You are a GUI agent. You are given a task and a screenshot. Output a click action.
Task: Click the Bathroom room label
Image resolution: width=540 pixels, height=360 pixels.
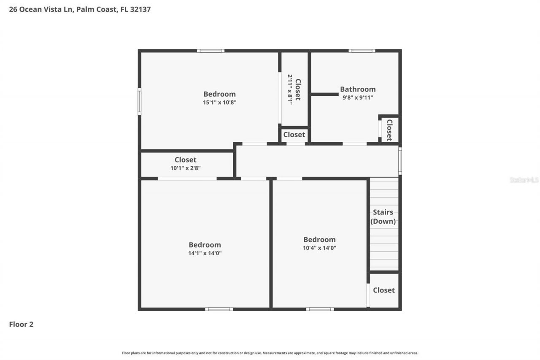point(358,89)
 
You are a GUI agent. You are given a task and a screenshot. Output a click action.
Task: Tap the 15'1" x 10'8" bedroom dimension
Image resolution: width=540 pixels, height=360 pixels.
point(219,102)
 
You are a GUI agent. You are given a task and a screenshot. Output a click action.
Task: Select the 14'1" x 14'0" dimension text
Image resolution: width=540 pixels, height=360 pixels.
point(205,253)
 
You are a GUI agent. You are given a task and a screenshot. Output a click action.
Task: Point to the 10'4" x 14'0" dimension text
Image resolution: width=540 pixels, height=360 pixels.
point(319,248)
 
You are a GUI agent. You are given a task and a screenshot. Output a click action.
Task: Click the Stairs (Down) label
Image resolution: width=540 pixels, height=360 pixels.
point(383,217)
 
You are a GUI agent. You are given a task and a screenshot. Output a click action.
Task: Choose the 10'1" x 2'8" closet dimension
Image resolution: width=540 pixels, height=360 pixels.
point(185,168)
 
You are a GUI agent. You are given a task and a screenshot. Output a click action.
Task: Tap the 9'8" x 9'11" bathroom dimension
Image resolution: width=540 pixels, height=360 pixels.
point(358,97)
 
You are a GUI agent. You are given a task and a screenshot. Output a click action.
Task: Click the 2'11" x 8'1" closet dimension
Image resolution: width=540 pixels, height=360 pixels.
point(290,89)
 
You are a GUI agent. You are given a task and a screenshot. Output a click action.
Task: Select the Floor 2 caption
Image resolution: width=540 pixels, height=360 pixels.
point(21,324)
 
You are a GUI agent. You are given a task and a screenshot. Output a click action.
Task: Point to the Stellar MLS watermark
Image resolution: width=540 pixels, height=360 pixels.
point(524,180)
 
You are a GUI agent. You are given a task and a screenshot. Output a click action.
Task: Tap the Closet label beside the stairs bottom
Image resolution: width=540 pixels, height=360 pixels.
point(384,290)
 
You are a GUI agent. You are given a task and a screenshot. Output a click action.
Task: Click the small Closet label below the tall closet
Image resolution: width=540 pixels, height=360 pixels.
point(294,135)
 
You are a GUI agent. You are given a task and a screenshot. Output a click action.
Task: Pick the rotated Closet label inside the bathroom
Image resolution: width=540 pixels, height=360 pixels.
point(389,130)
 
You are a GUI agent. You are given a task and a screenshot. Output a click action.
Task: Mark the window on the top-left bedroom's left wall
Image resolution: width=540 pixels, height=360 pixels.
point(139,101)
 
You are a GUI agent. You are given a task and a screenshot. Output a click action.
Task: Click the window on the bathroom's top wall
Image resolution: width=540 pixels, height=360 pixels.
point(362,51)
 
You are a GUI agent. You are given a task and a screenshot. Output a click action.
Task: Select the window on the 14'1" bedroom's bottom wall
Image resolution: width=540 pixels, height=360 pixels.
point(219,309)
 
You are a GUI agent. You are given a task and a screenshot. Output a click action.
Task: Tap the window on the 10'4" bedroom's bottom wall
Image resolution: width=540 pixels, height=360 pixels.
point(320,309)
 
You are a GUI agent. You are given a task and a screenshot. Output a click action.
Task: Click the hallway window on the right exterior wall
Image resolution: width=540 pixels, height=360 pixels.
point(400,161)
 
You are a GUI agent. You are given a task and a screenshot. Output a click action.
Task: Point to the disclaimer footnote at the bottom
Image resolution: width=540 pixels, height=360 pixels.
point(270,353)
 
